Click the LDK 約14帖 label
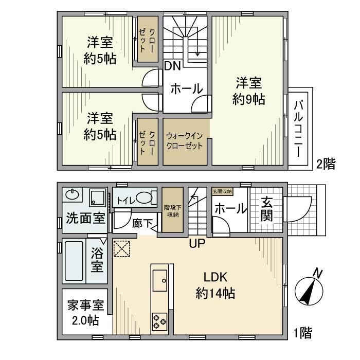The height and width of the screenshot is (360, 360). pyautogui.click(x=215, y=285)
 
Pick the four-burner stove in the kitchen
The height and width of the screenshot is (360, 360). pyautogui.click(x=159, y=321)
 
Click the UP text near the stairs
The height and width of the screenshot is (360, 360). pyautogui.click(x=196, y=243)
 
